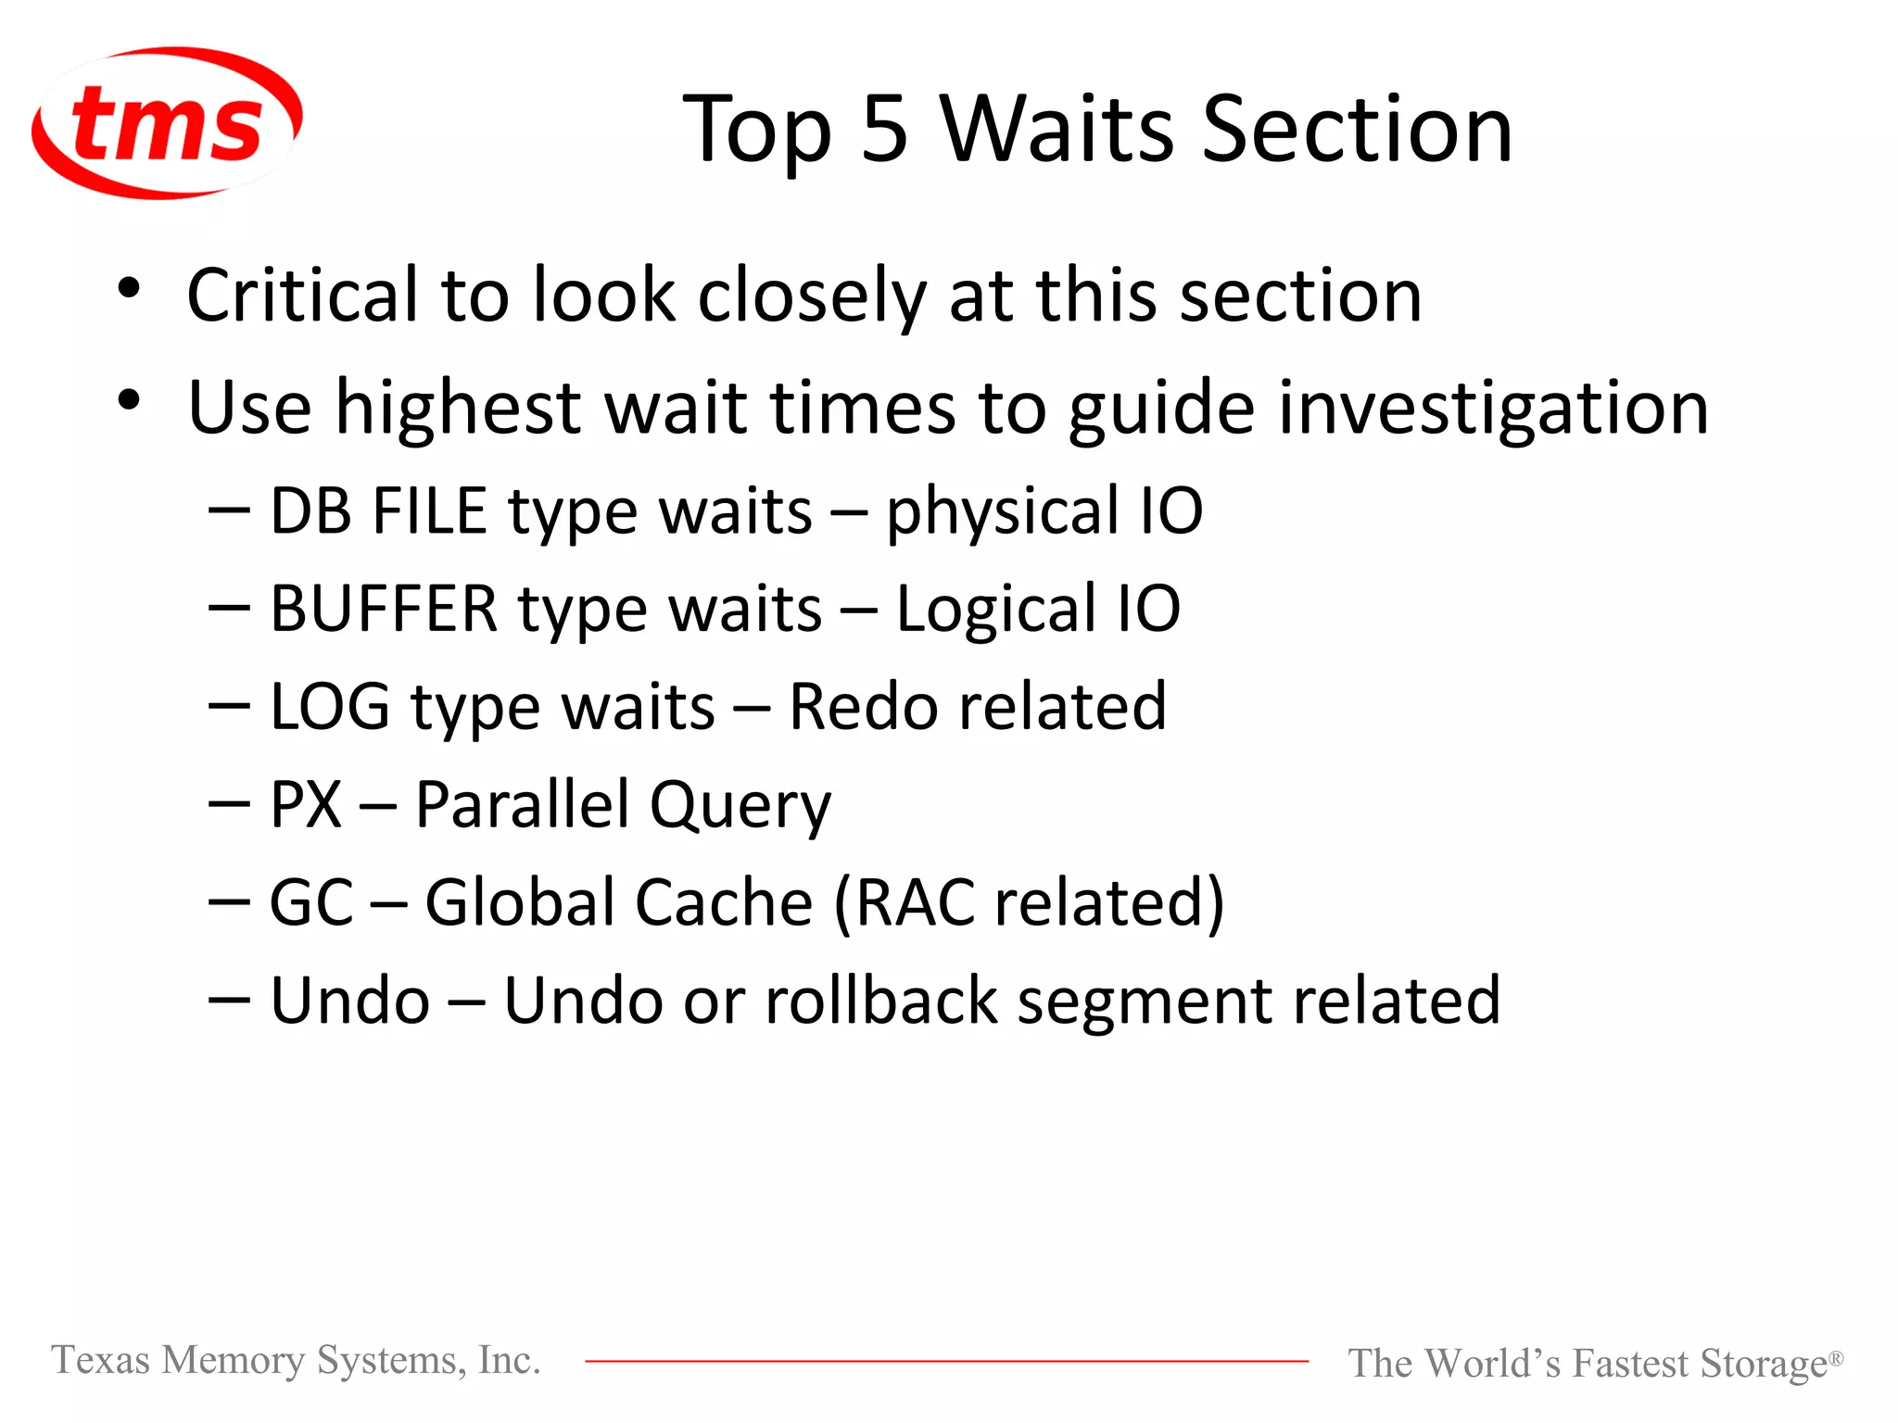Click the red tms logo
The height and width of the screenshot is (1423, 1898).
[x=167, y=123]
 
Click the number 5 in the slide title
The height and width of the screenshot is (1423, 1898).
[x=884, y=130]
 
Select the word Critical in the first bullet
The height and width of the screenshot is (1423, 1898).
[x=302, y=296]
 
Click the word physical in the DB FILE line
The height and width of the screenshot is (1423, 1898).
[x=1003, y=512]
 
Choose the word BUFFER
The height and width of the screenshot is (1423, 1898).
[x=384, y=610]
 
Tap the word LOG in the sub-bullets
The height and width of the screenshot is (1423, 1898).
[x=329, y=707]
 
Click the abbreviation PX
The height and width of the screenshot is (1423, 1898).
[x=306, y=804]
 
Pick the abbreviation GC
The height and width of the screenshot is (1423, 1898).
[x=311, y=902]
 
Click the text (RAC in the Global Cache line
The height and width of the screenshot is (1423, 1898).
[x=905, y=902]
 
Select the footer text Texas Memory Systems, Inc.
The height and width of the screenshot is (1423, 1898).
[x=296, y=1360]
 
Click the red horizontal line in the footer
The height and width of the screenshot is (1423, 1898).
[x=945, y=1361]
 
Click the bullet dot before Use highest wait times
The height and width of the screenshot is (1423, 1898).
[x=129, y=400]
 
